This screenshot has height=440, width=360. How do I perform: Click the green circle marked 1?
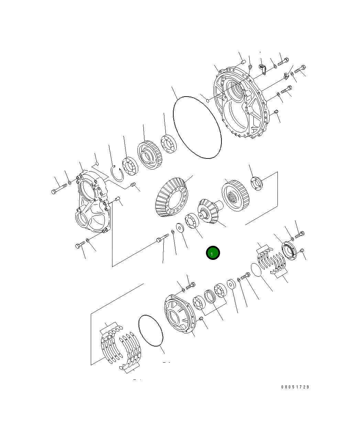point(213,253)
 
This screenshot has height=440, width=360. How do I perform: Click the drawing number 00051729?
point(295,387)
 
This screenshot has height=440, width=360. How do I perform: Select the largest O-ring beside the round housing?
point(197,128)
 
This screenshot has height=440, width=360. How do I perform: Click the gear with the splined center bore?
point(236,196)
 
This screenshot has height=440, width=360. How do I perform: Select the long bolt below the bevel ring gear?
point(162,238)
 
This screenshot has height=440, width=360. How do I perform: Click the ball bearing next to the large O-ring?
point(168,144)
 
